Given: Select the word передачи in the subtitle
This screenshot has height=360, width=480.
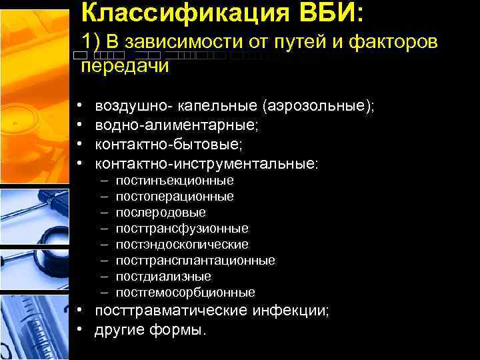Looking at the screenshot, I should pos(125,66).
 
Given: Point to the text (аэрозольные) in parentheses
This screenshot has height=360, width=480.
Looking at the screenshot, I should pos(319,107).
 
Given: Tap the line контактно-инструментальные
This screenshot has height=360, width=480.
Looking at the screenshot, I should pos(207,164).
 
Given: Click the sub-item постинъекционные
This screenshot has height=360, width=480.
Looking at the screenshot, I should pos(175,181).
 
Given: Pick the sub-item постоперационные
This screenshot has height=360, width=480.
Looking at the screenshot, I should pos(175,197).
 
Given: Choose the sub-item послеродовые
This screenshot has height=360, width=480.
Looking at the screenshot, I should pos(161,213).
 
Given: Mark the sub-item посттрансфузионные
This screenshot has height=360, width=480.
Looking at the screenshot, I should pos(182,229).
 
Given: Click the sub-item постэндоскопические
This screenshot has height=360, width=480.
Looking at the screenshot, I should pos(182,245).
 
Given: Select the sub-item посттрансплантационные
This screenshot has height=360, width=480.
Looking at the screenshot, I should pos(195,261).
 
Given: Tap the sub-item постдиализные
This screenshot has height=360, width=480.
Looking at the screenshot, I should pos(163,277).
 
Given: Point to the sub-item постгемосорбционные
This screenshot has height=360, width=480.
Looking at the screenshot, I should pos(185,293).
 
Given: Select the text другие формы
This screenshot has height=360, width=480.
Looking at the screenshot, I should pos(151,331).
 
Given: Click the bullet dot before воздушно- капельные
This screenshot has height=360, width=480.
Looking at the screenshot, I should pos(79,107).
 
